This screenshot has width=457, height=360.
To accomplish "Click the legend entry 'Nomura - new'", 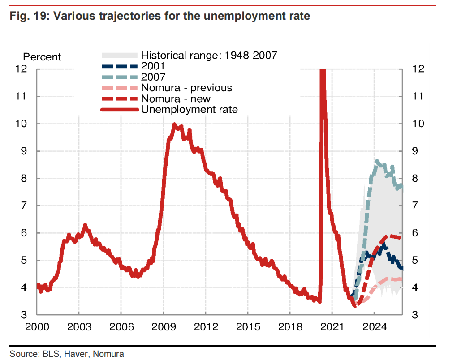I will tap(175, 99).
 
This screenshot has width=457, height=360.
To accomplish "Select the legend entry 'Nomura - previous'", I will tap(186, 88).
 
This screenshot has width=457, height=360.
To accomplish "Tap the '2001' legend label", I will tap(153, 66).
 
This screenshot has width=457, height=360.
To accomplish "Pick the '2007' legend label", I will tap(153, 77).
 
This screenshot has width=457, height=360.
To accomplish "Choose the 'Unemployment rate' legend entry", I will tap(189, 109).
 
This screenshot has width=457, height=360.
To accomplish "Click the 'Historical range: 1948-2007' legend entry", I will tap(209, 56).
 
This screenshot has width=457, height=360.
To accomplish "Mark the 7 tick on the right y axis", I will tap(416, 206).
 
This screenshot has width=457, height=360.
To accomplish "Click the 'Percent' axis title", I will tap(42, 57).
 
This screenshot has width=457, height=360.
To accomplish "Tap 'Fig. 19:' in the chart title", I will tap(29, 17).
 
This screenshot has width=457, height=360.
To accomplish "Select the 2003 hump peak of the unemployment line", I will tap(85, 225).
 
